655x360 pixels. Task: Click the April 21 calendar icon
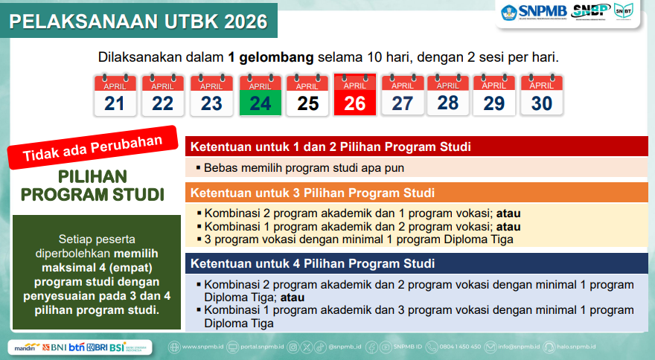click(x=115, y=95)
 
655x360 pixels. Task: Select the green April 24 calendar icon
click(x=260, y=95)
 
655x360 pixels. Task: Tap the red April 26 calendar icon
click(x=355, y=94)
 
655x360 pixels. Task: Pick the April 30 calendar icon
click(x=542, y=95)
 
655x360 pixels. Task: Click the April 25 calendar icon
click(x=307, y=95)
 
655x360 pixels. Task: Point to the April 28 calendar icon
click(x=447, y=94)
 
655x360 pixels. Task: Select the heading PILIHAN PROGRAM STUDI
click(x=92, y=186)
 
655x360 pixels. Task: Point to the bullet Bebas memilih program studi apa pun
click(x=304, y=168)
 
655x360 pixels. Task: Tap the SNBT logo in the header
click(x=624, y=12)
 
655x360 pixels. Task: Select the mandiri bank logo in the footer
click(x=24, y=347)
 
